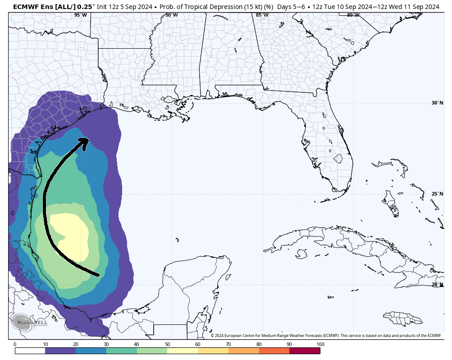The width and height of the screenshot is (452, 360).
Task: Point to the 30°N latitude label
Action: [437, 103]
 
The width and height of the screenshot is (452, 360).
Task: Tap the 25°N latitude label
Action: [437, 194]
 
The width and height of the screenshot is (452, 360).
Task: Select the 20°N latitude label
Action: [437, 284]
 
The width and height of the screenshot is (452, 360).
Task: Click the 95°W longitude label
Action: [80, 15]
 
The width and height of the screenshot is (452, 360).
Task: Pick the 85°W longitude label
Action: [262, 15]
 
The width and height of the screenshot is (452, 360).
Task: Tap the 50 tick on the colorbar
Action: [167, 344]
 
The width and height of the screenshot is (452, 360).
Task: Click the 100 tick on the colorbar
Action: [320, 344]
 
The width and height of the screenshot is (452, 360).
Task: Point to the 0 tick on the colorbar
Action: [15, 344]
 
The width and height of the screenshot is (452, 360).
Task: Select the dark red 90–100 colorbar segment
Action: [305, 351]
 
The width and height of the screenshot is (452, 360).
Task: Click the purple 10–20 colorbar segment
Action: [60, 351]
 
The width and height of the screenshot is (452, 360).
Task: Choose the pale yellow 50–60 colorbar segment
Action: [183, 351]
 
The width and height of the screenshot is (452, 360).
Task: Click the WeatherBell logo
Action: [22, 323]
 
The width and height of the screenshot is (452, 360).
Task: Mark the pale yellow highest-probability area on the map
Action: [70, 234]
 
